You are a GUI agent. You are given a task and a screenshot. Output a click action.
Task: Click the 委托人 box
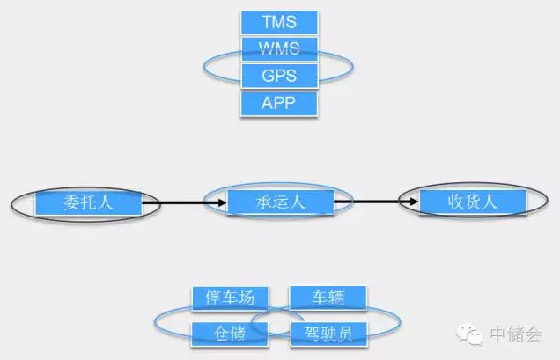pyautogui.click(x=87, y=203)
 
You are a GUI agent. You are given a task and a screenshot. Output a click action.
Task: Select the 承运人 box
pyautogui.click(x=279, y=202)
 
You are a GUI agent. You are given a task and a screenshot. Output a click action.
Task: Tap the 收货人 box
pyautogui.click(x=472, y=202)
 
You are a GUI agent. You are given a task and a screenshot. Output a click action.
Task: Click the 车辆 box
pyautogui.click(x=328, y=298)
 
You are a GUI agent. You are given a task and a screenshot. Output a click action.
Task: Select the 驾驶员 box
pyautogui.click(x=328, y=331)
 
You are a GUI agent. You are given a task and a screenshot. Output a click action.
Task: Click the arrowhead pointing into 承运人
pyautogui.click(x=220, y=203)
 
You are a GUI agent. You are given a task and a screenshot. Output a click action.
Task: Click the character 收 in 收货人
pyautogui.click(x=454, y=202)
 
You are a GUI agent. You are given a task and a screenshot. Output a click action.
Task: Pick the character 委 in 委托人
pyautogui.click(x=70, y=203)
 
